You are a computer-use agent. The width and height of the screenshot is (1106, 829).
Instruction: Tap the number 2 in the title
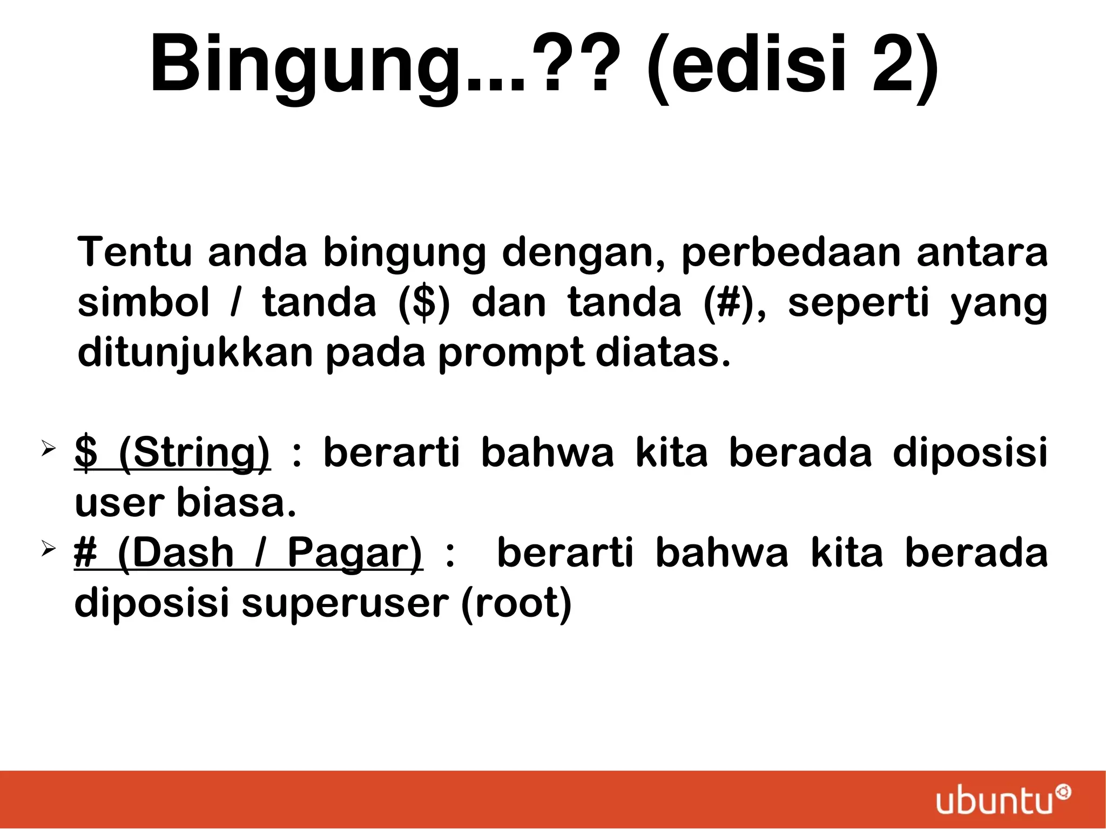coord(894,65)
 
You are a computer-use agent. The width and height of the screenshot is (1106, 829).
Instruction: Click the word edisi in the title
coord(759,65)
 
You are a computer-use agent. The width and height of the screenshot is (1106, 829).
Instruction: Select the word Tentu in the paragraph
coord(135,252)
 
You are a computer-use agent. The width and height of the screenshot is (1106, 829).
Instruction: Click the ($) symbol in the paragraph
coord(424,302)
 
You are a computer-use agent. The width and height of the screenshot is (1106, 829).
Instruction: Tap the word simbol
coord(143,302)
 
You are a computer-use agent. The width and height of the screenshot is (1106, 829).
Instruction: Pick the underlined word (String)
coord(194,453)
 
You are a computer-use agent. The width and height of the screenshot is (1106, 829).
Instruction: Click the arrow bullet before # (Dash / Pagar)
coord(49,549)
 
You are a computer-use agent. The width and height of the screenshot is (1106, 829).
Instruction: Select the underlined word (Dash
coord(176,554)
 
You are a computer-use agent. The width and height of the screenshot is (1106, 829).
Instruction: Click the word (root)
coord(516,604)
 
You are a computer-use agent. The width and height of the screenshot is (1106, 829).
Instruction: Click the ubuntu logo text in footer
coord(994,800)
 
